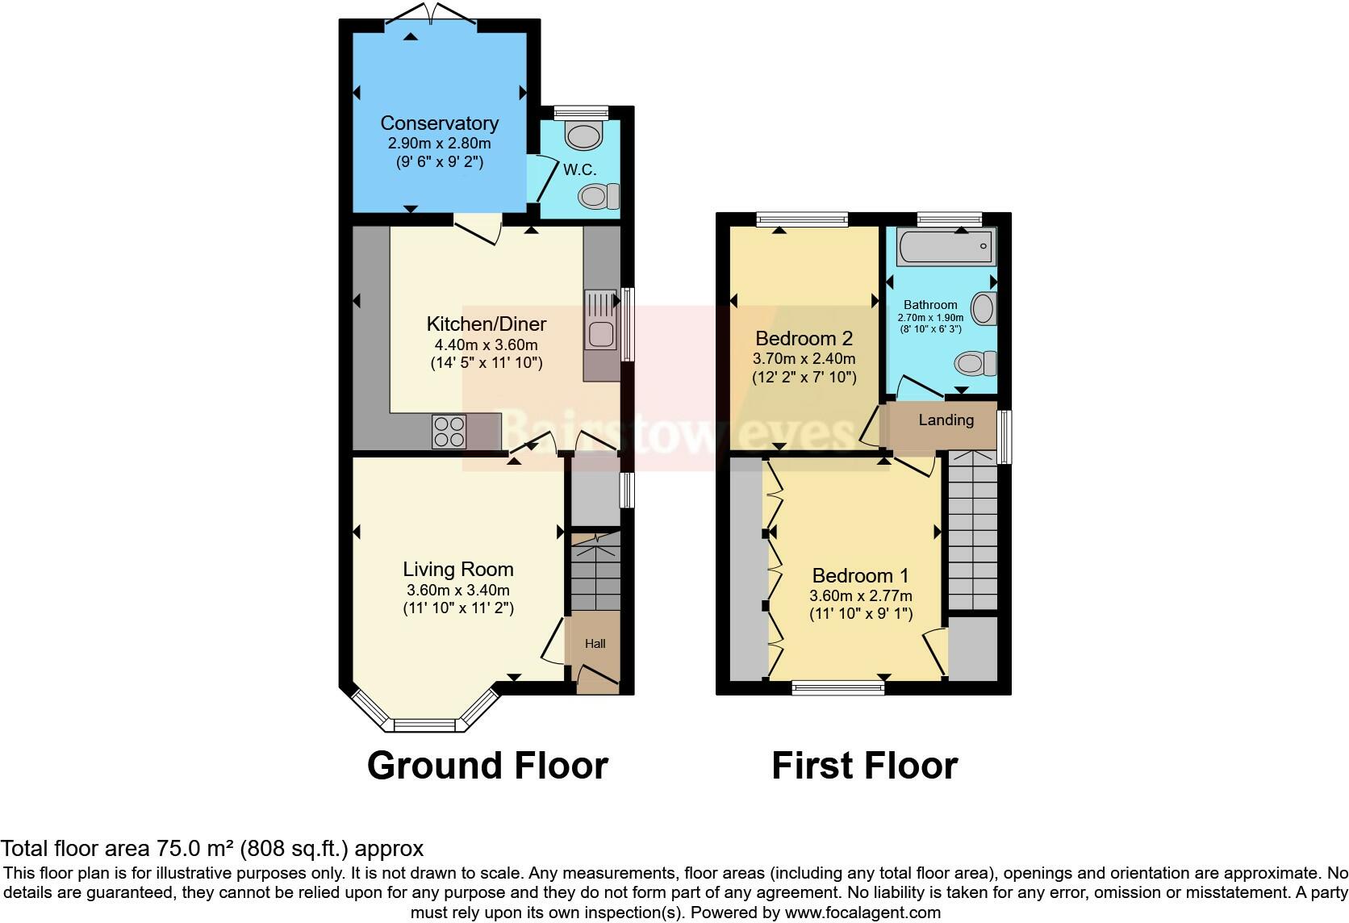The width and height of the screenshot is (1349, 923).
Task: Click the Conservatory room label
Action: [x=439, y=123]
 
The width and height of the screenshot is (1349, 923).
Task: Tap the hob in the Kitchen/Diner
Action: [x=449, y=430]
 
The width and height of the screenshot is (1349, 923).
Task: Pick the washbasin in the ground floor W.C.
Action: [x=584, y=136]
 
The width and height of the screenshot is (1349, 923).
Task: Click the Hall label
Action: [x=595, y=644]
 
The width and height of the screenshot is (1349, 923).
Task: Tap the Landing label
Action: [x=946, y=420]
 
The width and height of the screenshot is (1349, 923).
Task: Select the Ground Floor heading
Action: [x=487, y=766]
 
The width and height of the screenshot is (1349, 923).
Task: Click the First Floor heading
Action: [x=864, y=766]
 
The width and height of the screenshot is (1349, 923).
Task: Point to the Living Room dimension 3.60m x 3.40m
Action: [x=457, y=590]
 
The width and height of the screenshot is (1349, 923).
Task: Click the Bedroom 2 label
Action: [x=804, y=338]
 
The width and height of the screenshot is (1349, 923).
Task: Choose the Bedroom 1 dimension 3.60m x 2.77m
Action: [x=860, y=596]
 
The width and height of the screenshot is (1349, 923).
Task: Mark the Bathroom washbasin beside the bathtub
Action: [x=984, y=307]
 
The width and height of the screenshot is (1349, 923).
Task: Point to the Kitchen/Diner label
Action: [x=486, y=324]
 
